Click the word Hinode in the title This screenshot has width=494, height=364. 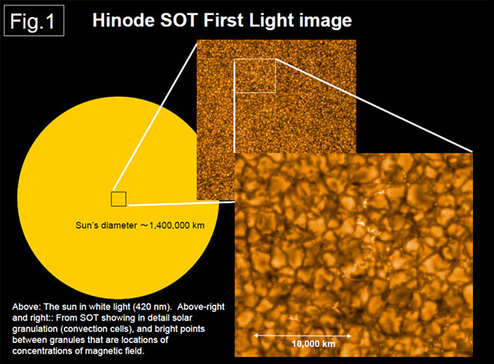124,20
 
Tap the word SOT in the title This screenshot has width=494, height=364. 179,20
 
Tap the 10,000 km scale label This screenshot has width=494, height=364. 314,344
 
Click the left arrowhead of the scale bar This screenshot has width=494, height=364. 256,336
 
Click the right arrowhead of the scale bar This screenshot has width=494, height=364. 349,336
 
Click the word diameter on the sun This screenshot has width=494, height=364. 120,225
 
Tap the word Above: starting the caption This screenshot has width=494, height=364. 26,307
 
